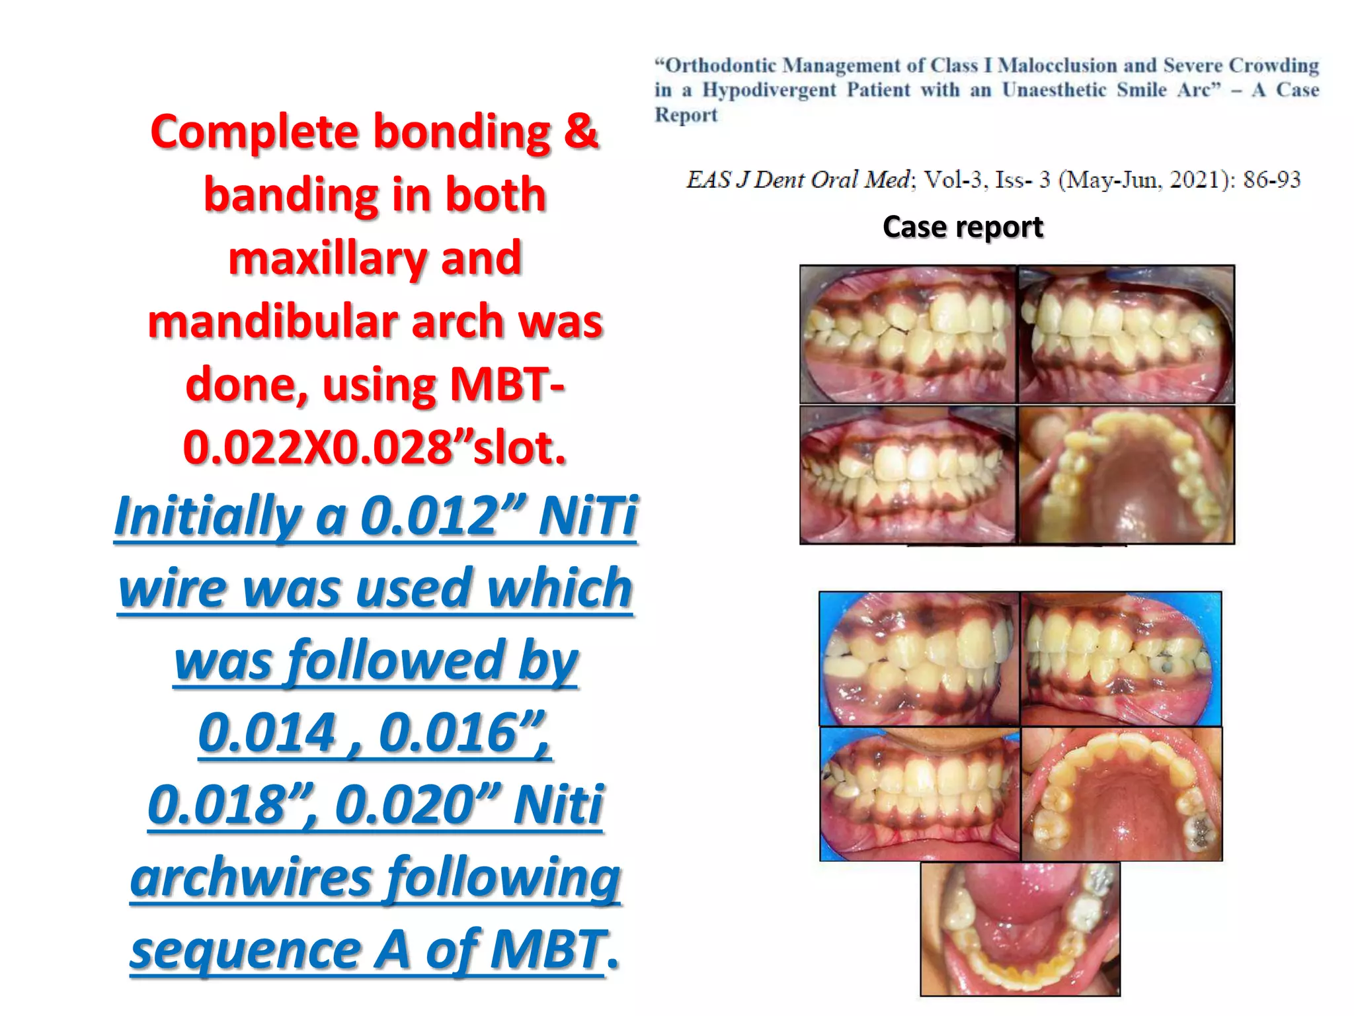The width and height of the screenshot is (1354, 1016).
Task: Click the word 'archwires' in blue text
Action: [x=251, y=878]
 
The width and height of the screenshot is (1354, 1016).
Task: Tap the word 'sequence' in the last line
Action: [x=245, y=950]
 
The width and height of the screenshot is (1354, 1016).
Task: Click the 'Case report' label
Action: [x=963, y=227]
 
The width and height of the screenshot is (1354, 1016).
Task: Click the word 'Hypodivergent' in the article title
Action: [x=769, y=90]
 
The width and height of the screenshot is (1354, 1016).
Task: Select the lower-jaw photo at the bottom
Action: [x=1020, y=929]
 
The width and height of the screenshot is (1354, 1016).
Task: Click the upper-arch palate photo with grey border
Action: [x=1127, y=475]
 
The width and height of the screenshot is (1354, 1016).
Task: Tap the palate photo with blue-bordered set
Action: [x=1121, y=794]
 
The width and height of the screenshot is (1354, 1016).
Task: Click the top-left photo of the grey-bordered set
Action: [x=908, y=335]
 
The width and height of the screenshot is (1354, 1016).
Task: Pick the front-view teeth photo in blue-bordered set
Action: [x=920, y=794]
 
